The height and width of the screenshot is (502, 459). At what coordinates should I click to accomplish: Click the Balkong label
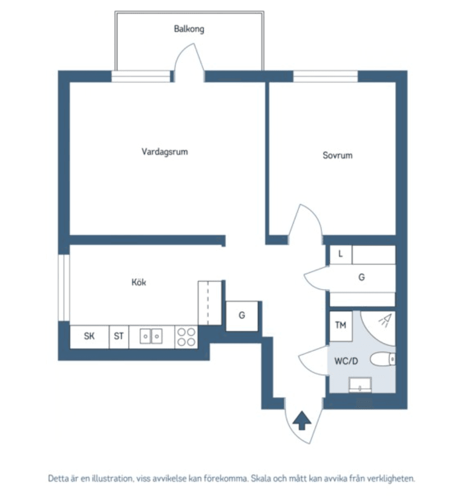(x=189, y=29)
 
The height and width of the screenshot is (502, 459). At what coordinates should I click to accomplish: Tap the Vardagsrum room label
(x=164, y=152)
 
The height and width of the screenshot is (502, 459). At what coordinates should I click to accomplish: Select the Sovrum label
(x=337, y=155)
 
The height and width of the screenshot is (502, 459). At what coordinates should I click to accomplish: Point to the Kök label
(x=139, y=283)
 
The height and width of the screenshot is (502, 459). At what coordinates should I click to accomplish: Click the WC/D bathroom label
(x=346, y=361)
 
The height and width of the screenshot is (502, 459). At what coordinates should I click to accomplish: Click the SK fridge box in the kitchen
(x=89, y=337)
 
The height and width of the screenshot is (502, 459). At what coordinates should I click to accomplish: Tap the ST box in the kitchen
(x=119, y=337)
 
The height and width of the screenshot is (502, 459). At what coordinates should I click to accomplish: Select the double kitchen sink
(x=151, y=337)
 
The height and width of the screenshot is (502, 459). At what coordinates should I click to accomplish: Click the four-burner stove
(x=186, y=337)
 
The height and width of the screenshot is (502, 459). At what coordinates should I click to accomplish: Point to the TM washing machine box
(x=340, y=326)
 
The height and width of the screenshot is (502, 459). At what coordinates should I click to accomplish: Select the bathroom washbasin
(x=361, y=384)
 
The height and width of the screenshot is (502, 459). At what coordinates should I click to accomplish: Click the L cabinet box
(x=340, y=254)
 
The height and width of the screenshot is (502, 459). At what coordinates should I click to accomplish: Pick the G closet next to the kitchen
(x=242, y=316)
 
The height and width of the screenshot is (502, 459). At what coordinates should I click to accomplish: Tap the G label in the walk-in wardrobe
(x=361, y=277)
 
